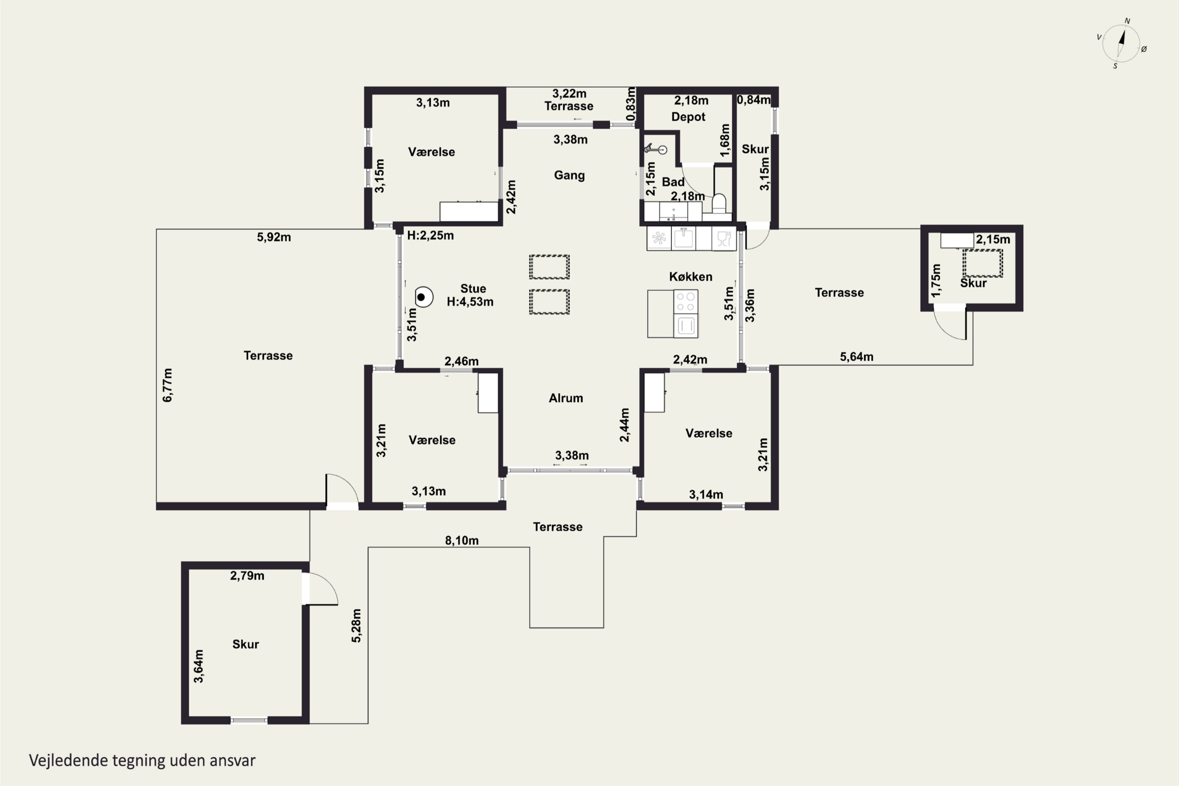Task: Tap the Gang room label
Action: click(569, 175)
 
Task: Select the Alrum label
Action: click(566, 398)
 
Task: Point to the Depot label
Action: click(688, 117)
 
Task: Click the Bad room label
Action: click(673, 182)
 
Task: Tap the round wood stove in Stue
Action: click(424, 297)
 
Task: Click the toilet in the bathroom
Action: click(719, 204)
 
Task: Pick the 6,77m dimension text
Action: click(167, 385)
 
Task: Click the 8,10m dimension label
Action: click(462, 540)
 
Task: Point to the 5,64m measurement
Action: click(857, 357)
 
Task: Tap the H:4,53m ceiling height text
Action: click(470, 302)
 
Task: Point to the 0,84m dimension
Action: click(753, 100)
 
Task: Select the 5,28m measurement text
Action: click(356, 626)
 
